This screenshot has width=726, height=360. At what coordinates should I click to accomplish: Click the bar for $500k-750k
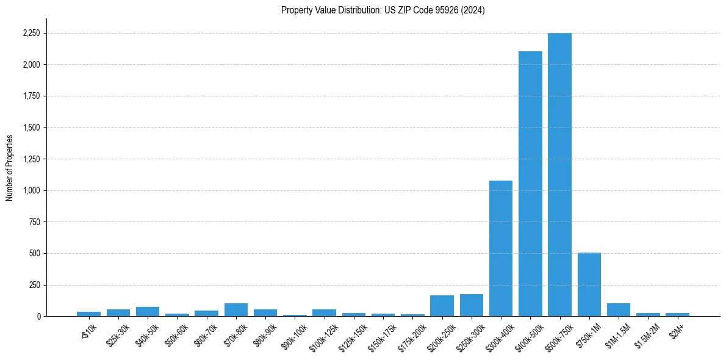[x=559, y=175]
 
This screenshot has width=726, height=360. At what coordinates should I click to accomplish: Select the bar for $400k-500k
[x=530, y=184]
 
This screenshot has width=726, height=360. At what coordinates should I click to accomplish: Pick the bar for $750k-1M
[x=589, y=284]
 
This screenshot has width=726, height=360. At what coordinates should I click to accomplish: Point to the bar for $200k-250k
[x=442, y=306]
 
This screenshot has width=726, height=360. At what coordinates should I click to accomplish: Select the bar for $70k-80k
[x=236, y=310]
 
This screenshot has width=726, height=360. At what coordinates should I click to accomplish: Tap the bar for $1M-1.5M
[x=619, y=310]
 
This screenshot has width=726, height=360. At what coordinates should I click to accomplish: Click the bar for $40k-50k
[x=148, y=312]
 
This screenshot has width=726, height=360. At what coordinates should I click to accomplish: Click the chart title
[x=383, y=10]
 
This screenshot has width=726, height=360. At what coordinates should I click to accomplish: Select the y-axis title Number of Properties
[x=10, y=168]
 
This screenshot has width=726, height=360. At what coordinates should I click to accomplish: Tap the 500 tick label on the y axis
[x=34, y=253]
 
